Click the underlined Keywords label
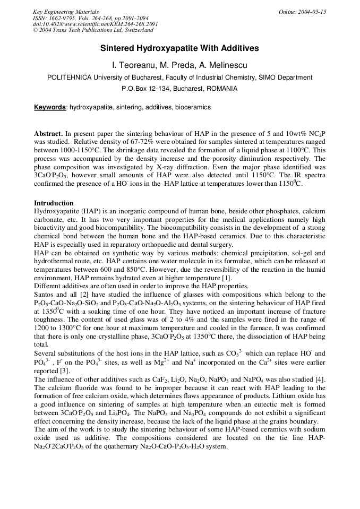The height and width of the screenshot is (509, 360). coord(50,107)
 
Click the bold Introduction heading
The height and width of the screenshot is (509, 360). coord(54,203)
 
